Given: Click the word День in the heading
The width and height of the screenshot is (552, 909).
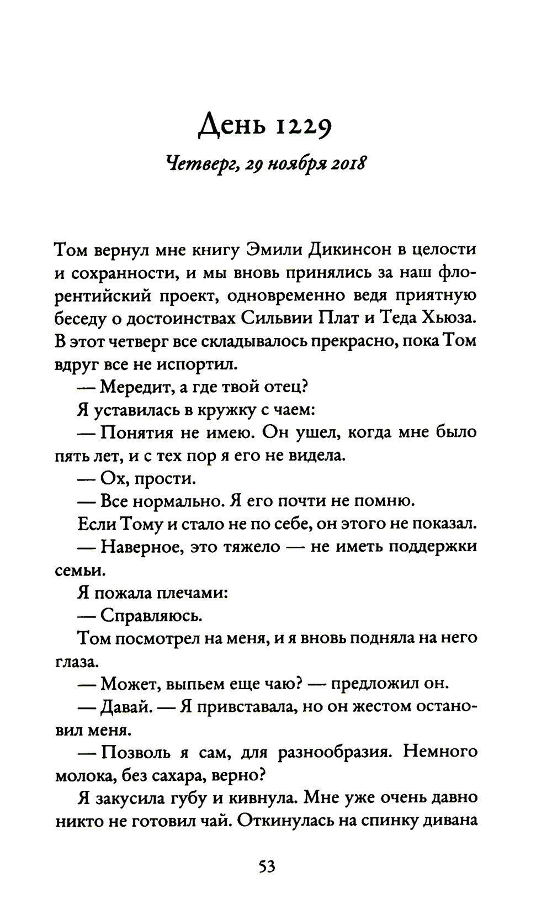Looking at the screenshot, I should [230, 128].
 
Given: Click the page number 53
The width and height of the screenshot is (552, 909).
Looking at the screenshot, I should [267, 866].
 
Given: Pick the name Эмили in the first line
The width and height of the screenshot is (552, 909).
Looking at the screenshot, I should [273, 250].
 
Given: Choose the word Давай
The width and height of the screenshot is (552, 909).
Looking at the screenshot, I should [127, 707].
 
